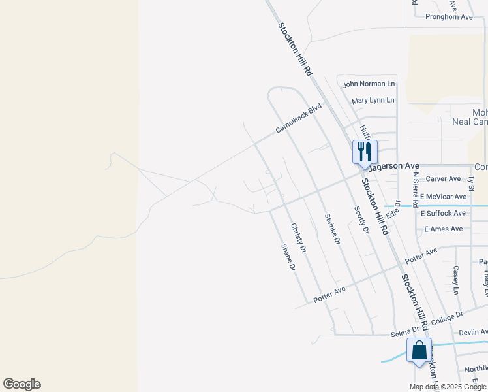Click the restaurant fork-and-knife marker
(365, 152)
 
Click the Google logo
(22, 384)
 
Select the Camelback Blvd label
(299, 118)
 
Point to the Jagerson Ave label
(393, 167)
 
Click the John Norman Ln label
(369, 84)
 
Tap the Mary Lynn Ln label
(373, 101)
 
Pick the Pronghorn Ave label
(449, 17)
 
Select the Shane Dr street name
(288, 257)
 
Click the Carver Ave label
(444, 178)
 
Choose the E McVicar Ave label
(444, 196)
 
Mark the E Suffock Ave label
(444, 213)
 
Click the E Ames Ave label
(444, 229)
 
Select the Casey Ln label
(456, 279)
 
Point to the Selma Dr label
(404, 333)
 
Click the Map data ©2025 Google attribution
(448, 387)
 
